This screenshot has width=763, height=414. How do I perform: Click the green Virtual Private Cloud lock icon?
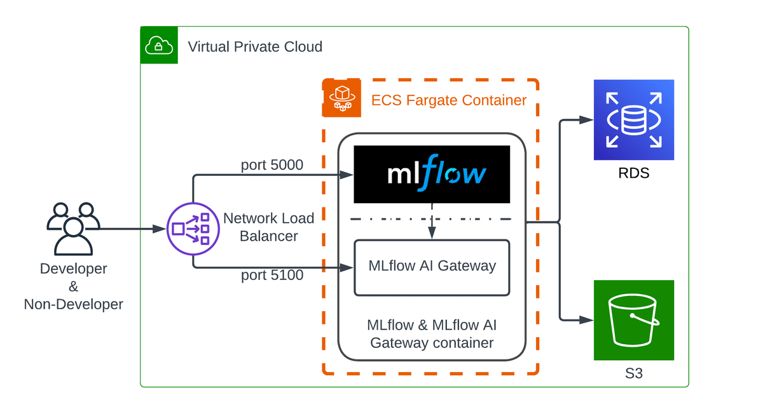click(x=159, y=45)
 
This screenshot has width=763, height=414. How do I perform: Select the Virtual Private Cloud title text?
click(x=255, y=47)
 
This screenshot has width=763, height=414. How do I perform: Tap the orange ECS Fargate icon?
click(x=341, y=98)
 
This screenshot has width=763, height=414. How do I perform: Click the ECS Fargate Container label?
click(x=449, y=100)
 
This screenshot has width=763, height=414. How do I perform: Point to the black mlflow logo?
click(x=432, y=174)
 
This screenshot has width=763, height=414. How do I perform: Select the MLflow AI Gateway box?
click(x=432, y=267)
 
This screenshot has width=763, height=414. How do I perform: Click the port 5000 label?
click(x=272, y=165)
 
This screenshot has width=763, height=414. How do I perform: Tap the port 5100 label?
click(x=272, y=276)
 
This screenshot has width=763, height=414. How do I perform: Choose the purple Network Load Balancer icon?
click(x=192, y=229)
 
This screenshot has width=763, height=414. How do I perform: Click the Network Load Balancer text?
click(x=269, y=227)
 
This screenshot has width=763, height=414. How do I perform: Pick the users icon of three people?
click(x=73, y=228)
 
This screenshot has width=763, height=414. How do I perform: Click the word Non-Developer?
click(x=73, y=305)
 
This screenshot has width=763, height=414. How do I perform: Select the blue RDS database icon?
click(x=633, y=119)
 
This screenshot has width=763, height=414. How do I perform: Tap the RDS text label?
click(x=633, y=173)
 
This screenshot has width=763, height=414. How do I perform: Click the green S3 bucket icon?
click(x=633, y=320)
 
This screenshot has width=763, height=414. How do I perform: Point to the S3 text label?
click(x=633, y=373)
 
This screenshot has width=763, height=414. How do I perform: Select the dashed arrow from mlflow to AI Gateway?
click(x=432, y=222)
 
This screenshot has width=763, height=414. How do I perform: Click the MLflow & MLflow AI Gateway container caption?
click(x=432, y=334)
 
